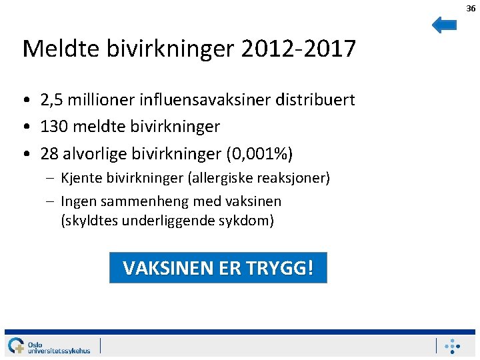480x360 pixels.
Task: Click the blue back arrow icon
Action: [444, 25]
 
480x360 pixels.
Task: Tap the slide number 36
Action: [471, 8]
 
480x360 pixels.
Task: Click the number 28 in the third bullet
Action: [49, 153]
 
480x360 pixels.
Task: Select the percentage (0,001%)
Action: [259, 154]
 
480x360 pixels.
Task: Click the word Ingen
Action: [77, 201]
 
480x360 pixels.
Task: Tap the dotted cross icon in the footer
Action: [453, 345]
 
